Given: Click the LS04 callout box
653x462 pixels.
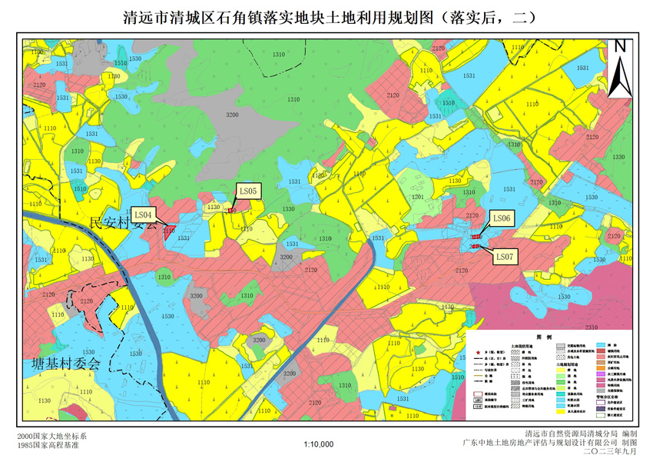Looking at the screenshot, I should coord(144,214).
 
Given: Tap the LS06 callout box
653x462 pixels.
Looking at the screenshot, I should coord(501,219).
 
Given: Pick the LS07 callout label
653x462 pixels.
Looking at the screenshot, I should coord(505,255).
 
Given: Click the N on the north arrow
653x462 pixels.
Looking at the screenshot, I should coord(621,46).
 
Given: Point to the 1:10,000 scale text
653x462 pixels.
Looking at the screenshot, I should coord(319,444).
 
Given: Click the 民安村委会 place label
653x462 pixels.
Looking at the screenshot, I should coord(122,224).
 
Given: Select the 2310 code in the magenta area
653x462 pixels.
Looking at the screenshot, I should coord(592,327).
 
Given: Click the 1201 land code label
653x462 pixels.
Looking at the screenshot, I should coord(417,198).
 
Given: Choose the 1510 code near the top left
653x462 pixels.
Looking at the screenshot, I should coord(121,64).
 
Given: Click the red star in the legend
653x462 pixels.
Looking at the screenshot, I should coord(479,349).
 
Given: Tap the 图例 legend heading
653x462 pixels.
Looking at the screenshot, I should coord(539,337).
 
